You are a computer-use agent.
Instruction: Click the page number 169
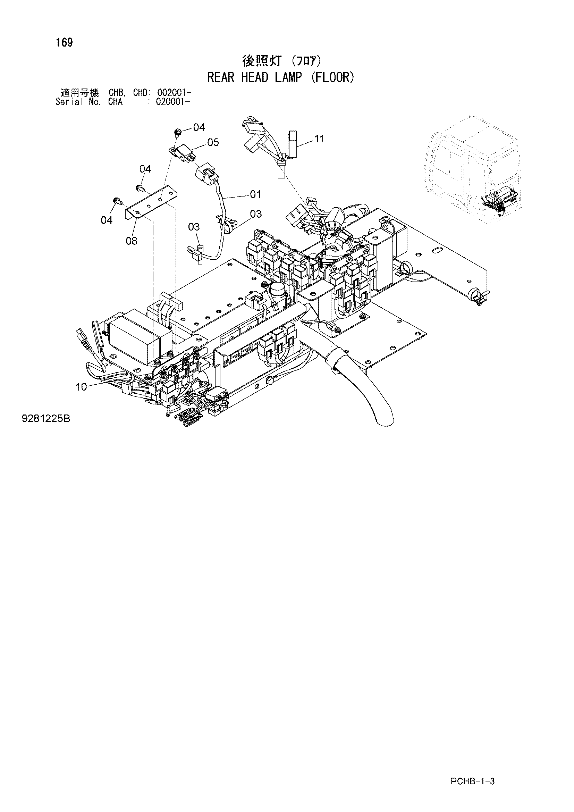[64, 42]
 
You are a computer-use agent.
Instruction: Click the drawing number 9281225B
[46, 419]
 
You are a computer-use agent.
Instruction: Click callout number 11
[319, 139]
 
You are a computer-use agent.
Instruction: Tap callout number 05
[213, 142]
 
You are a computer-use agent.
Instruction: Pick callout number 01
[255, 194]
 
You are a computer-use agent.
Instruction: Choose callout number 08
[132, 241]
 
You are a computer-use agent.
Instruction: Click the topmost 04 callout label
[199, 127]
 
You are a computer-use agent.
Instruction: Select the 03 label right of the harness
[256, 214]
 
